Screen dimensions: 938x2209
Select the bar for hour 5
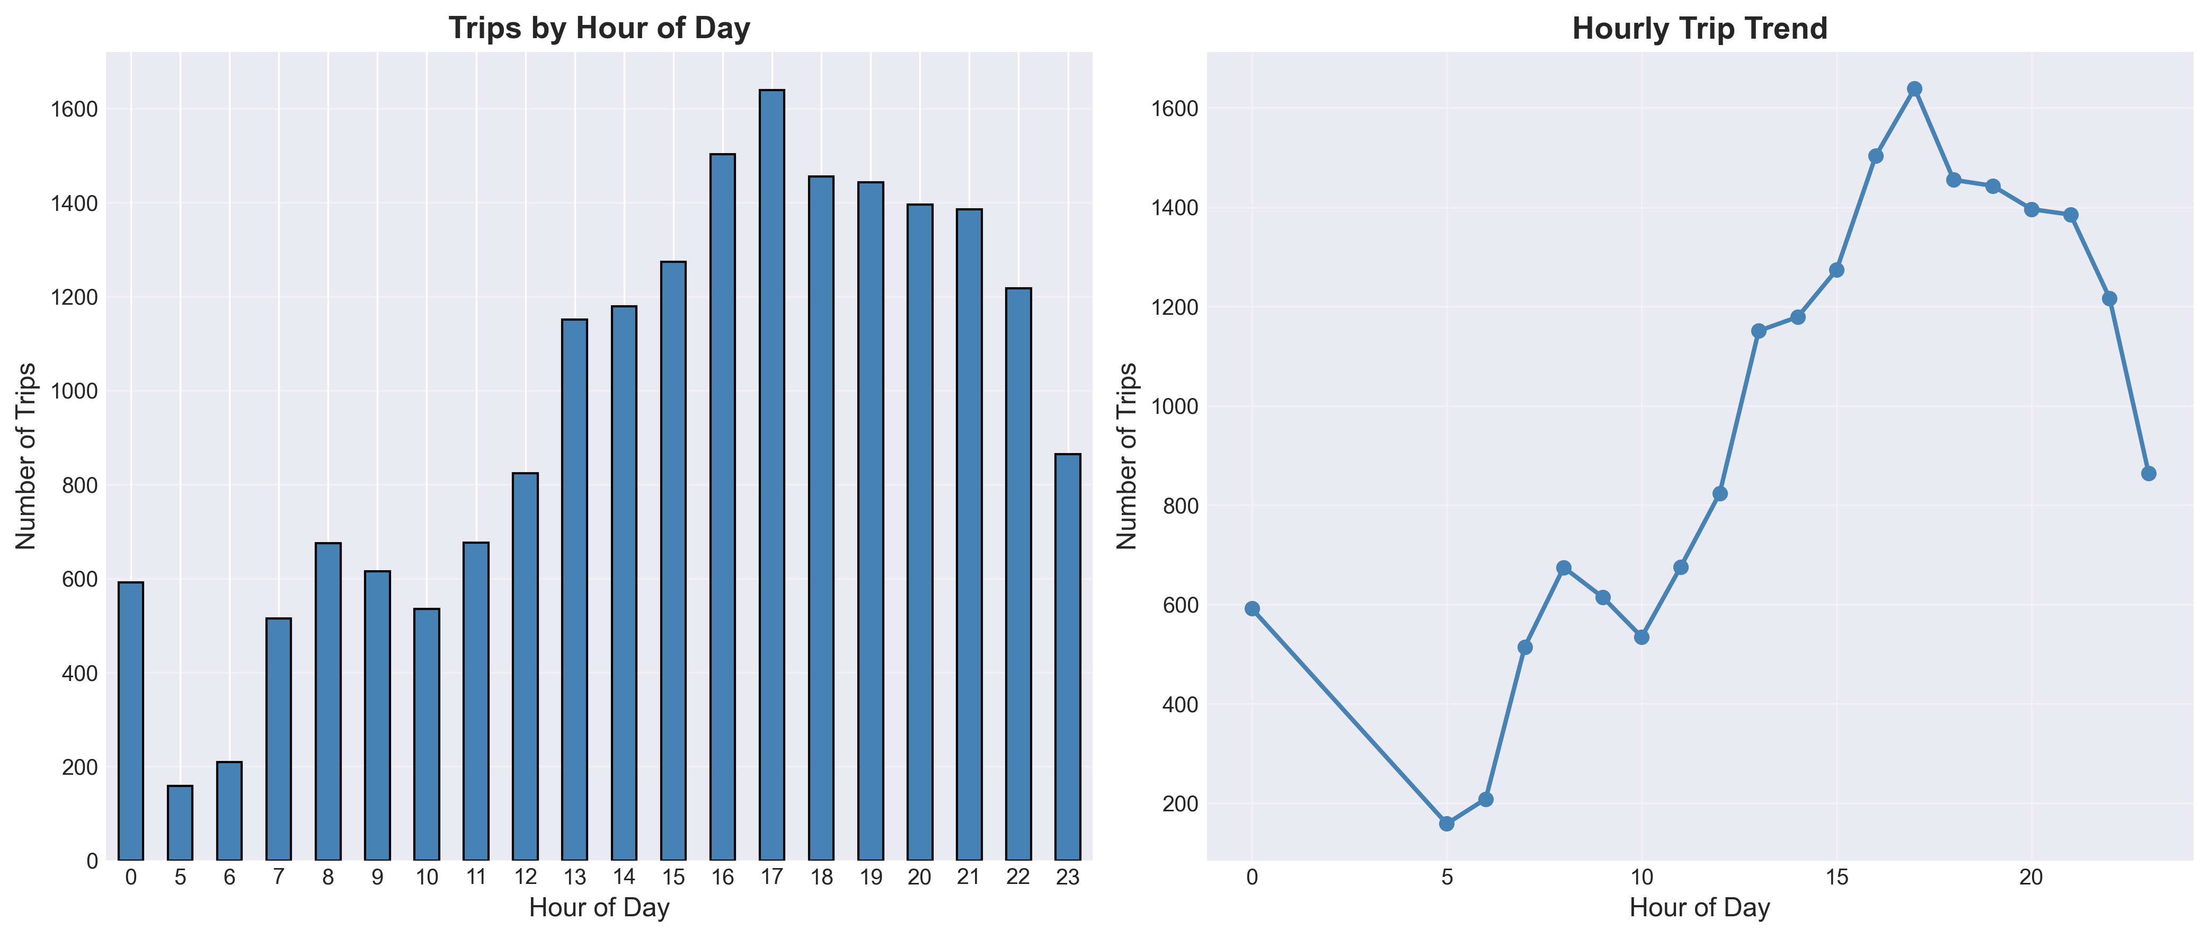coord(180,822)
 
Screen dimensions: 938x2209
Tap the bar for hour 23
coord(1068,657)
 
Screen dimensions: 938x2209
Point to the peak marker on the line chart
coord(1914,89)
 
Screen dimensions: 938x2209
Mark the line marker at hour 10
coord(1642,637)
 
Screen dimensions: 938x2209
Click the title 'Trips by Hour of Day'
coord(599,28)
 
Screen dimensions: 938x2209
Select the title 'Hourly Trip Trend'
coord(1700,28)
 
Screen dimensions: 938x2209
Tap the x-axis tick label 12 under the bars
coord(526,877)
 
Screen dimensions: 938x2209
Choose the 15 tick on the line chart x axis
coord(1836,877)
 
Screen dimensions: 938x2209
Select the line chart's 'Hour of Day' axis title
coord(1700,908)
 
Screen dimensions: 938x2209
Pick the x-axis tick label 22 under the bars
coord(1018,877)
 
